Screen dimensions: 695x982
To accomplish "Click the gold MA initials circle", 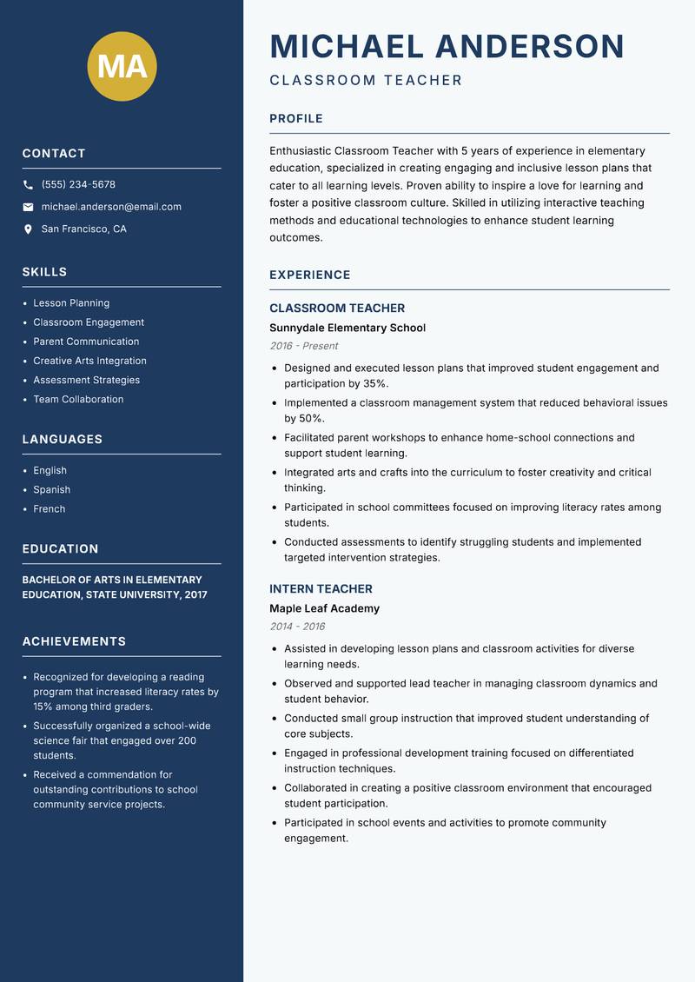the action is coord(122,66).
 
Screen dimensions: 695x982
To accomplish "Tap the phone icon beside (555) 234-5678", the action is coord(28,185).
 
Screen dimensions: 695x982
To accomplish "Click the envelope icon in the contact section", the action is coord(28,207).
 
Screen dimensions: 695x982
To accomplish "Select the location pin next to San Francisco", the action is coord(28,229).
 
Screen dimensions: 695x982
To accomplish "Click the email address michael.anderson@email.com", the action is coord(111,207).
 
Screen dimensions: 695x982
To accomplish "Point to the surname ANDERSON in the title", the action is coord(529,46).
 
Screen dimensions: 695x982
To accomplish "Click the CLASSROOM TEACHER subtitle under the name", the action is coord(366,81).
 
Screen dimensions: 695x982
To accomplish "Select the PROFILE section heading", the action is coord(296,119).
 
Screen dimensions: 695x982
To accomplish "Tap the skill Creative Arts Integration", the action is coord(89,361).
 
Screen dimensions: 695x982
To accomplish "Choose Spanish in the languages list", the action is coord(51,490).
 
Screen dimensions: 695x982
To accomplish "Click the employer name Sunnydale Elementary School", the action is coord(347,328).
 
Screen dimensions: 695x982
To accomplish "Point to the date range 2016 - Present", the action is coord(303,346).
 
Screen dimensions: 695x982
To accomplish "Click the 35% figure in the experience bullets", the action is coord(375,384).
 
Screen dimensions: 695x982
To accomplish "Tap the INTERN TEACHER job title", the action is coord(321,589).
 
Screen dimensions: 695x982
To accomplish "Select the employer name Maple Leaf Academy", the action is coord(324,609).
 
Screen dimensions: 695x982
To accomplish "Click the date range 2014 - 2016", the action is coord(297,627).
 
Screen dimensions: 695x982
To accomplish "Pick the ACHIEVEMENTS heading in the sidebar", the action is coord(74,642).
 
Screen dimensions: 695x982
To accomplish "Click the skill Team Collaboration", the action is coord(78,400).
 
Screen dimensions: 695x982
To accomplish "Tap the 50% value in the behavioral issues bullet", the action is coord(311,419).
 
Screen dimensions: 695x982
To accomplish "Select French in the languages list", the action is coord(49,509).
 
